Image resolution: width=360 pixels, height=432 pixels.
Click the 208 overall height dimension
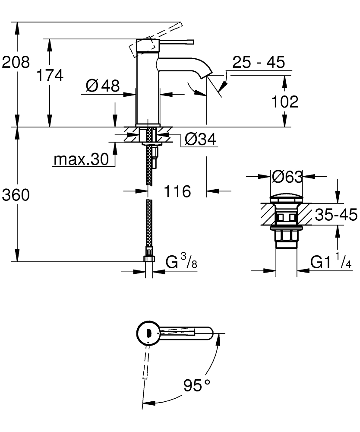click(x=16, y=62)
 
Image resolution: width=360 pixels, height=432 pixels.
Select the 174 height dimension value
click(x=49, y=75)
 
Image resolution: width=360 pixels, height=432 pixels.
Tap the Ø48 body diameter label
click(x=102, y=86)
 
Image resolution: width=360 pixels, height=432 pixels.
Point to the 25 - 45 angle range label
click(x=258, y=63)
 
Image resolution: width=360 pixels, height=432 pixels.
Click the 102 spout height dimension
click(x=284, y=102)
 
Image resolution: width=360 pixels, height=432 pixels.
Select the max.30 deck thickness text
click(x=81, y=160)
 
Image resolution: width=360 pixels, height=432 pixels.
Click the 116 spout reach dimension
click(x=177, y=191)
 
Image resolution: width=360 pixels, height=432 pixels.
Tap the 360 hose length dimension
click(x=16, y=195)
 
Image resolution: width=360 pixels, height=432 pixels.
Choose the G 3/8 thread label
click(x=182, y=261)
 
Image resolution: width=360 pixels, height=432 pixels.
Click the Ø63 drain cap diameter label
click(x=287, y=176)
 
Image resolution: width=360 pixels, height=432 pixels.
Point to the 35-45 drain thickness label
click(x=336, y=215)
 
